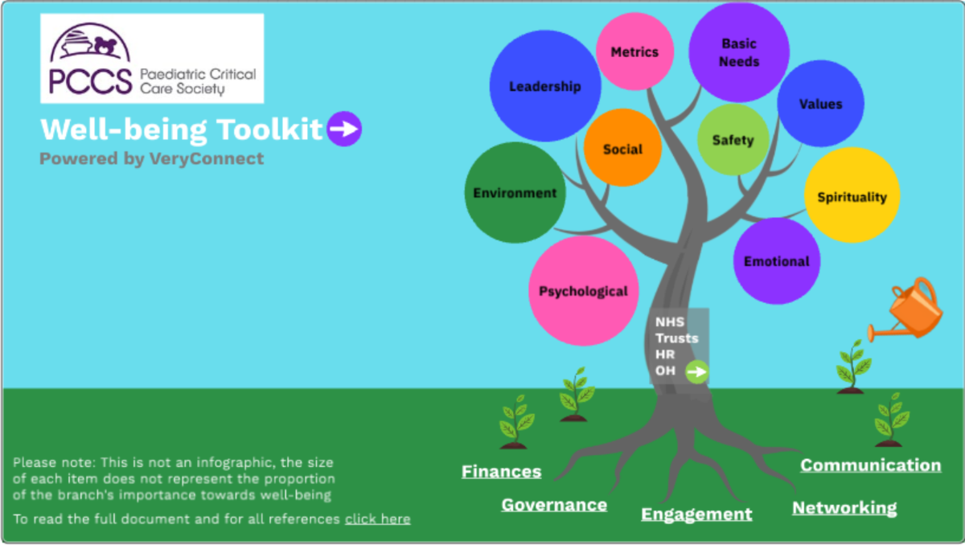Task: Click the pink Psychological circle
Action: pyautogui.click(x=583, y=291)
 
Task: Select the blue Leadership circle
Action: pyautogui.click(x=544, y=86)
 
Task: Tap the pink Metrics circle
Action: pyautogui.click(x=634, y=52)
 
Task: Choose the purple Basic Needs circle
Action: pyautogui.click(x=738, y=52)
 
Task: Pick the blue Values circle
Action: pyautogui.click(x=820, y=104)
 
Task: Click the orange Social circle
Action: pyautogui.click(x=622, y=149)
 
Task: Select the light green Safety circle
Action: pyautogui.click(x=733, y=140)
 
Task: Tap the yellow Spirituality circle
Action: pyautogui.click(x=852, y=196)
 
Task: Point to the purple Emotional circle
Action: pyautogui.click(x=776, y=261)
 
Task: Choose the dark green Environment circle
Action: pyautogui.click(x=515, y=193)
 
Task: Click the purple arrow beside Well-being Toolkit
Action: pyautogui.click(x=344, y=129)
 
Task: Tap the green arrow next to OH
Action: pyautogui.click(x=697, y=371)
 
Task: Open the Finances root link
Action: pyautogui.click(x=501, y=472)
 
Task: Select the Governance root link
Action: pyautogui.click(x=554, y=505)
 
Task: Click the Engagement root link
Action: pyautogui.click(x=696, y=514)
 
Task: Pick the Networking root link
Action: pyautogui.click(x=844, y=508)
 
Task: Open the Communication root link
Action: pyautogui.click(x=870, y=465)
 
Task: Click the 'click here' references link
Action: pyautogui.click(x=378, y=519)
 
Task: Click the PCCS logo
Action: pyautogui.click(x=152, y=59)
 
